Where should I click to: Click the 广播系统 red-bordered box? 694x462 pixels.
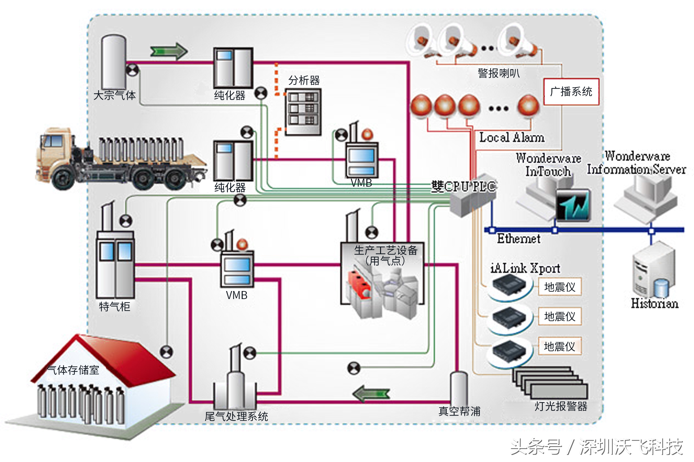(x=571, y=92)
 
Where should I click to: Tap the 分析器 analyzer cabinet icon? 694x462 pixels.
(x=303, y=112)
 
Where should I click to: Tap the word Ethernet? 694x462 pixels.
(x=519, y=239)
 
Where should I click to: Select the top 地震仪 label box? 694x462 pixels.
(x=559, y=287)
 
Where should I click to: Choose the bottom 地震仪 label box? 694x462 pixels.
(x=559, y=346)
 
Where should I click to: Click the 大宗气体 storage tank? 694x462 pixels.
(x=113, y=62)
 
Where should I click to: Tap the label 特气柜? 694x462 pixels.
(x=114, y=307)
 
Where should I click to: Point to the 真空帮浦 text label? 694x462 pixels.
(x=459, y=411)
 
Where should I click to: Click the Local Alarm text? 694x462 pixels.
(x=511, y=138)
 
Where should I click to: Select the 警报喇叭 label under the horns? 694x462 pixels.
(x=499, y=73)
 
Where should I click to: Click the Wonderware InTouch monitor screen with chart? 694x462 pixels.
(x=573, y=205)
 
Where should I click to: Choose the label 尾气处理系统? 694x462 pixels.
(x=236, y=417)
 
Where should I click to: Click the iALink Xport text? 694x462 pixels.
(x=525, y=268)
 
